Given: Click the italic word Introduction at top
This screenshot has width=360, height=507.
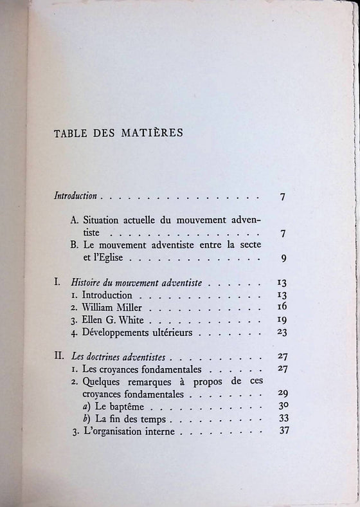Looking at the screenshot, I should [75, 196].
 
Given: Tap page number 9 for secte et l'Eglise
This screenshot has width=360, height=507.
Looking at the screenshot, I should [283, 259].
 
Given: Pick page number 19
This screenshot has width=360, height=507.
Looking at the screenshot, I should [282, 319].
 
